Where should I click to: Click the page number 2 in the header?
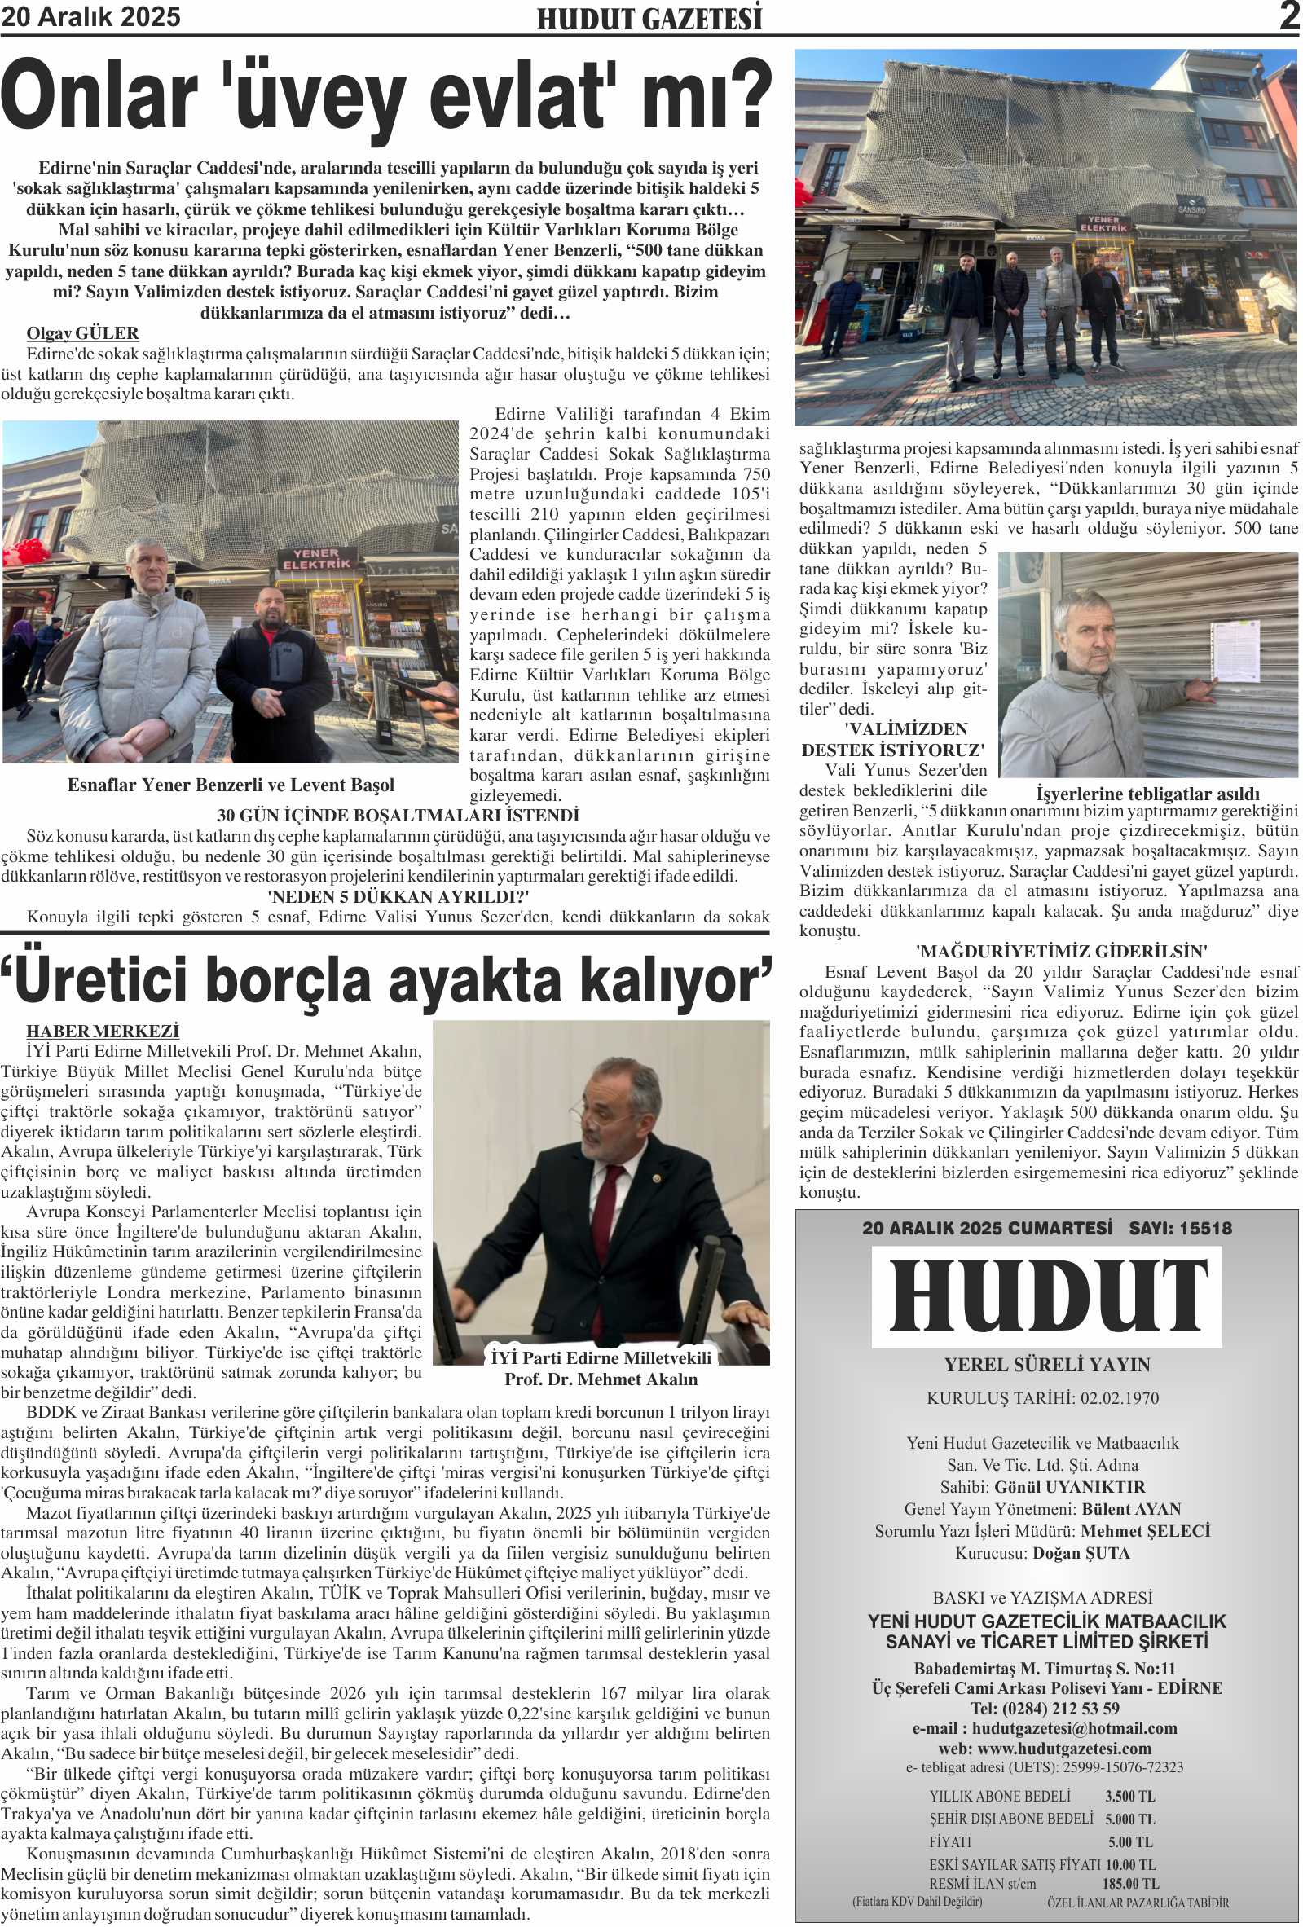(x=1288, y=16)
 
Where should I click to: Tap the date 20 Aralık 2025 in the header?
(x=90, y=16)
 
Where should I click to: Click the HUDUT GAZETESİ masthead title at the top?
(x=649, y=18)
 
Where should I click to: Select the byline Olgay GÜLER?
(x=82, y=333)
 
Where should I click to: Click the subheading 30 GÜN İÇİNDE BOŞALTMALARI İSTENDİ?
(x=398, y=815)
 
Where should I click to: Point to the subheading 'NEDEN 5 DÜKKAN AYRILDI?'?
(x=398, y=896)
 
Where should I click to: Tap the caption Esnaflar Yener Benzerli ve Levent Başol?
(x=231, y=785)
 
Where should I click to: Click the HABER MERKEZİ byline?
(x=102, y=1031)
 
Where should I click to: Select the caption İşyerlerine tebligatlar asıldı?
(x=1147, y=794)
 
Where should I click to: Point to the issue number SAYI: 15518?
(x=1179, y=1228)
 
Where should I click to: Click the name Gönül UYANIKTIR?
(x=1069, y=1487)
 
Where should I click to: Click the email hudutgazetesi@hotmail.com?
(x=1074, y=1728)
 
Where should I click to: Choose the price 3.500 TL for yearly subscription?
(x=1129, y=1796)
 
